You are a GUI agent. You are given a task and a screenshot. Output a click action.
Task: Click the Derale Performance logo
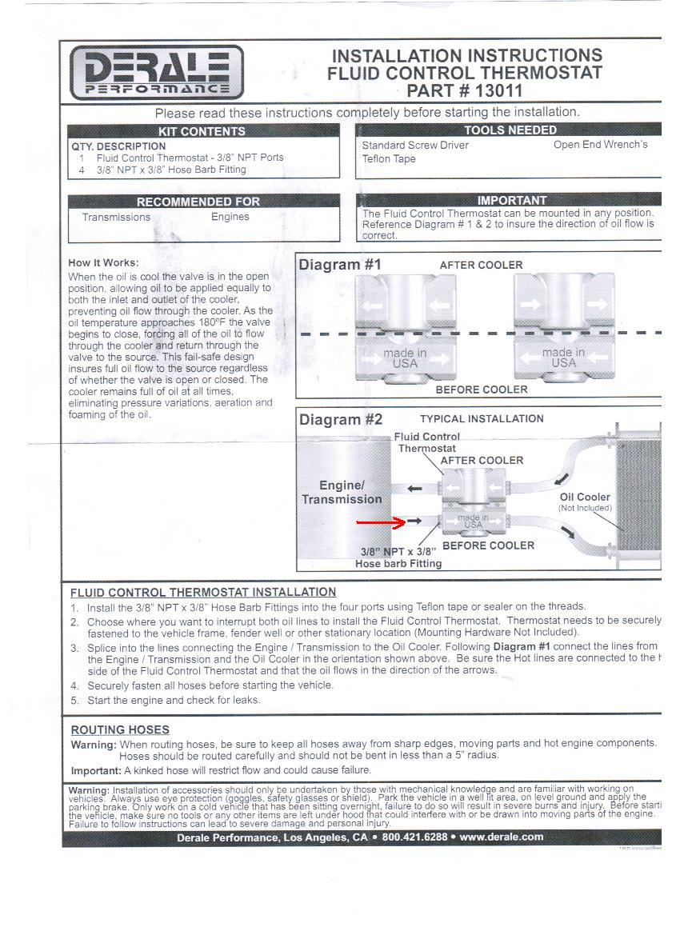point(156,72)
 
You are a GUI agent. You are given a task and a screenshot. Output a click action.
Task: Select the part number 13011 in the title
point(498,90)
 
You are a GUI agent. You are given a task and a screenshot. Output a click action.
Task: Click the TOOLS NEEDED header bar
point(510,130)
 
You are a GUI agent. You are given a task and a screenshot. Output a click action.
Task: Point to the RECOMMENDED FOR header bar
point(198,202)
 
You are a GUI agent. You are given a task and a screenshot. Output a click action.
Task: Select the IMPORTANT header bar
point(511,200)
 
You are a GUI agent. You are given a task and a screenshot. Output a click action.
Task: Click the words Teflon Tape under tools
point(389,159)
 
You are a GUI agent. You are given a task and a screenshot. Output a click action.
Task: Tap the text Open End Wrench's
point(600,145)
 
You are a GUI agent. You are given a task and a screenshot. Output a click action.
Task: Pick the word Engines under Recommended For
point(230,217)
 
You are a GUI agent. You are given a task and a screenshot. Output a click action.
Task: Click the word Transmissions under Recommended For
point(116,217)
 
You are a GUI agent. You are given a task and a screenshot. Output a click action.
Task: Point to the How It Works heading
point(103,262)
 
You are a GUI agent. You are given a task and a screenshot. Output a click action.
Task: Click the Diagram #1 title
point(340,264)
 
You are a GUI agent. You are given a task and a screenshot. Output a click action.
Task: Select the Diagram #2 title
point(341,419)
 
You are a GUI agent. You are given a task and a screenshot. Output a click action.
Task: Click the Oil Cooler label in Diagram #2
point(585,497)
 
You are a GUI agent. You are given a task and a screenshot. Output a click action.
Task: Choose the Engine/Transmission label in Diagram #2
point(342,492)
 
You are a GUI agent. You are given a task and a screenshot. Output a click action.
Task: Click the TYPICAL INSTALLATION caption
point(481,418)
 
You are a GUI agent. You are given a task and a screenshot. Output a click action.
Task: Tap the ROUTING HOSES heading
point(120,729)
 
